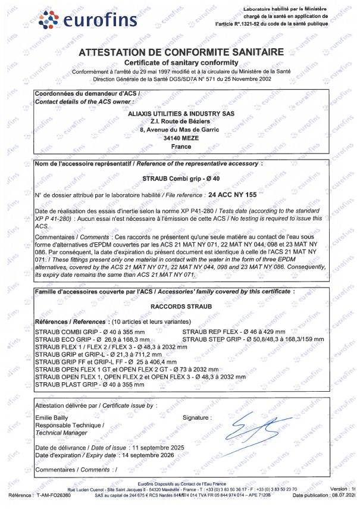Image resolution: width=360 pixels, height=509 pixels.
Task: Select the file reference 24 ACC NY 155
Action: [232, 195]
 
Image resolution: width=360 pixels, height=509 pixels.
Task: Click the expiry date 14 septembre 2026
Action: [146, 455]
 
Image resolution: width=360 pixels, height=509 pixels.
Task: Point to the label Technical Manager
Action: [61, 433]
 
